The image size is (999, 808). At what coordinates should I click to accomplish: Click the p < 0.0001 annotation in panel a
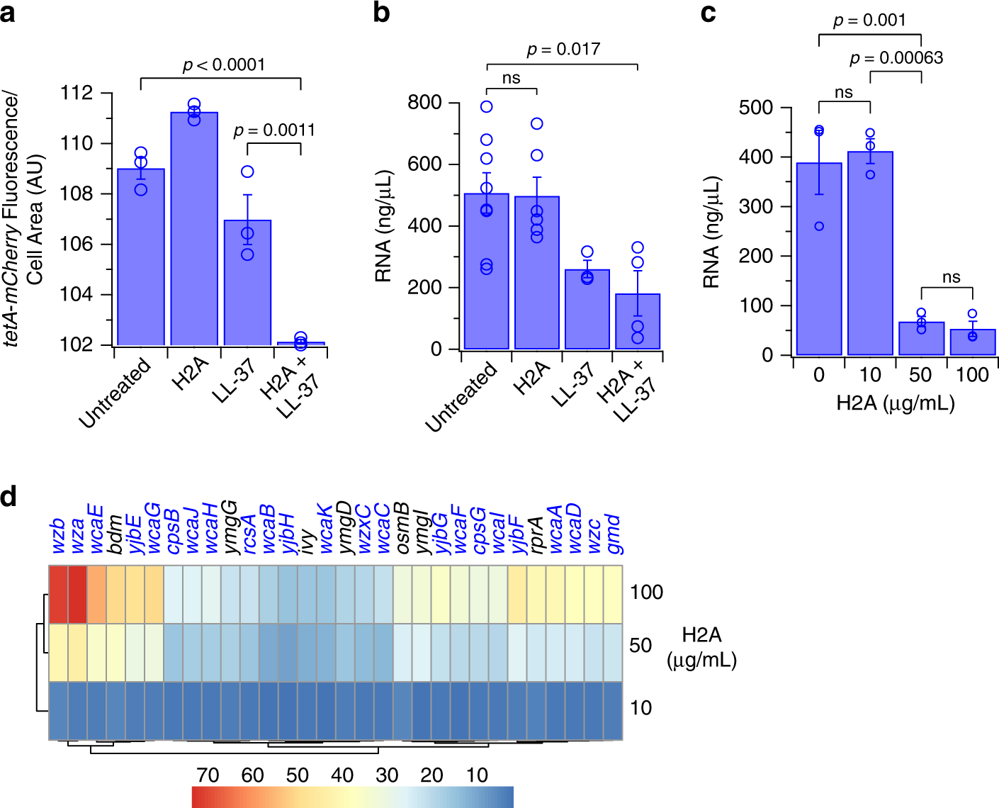[x=224, y=65]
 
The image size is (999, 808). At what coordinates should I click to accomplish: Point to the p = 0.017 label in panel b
[x=563, y=50]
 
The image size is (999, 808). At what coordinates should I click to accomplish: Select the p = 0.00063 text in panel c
[x=896, y=58]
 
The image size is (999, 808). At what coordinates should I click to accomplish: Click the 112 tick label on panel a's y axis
[x=77, y=93]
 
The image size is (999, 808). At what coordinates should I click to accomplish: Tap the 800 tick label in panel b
[x=424, y=103]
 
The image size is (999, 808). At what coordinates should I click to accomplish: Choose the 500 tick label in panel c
[x=755, y=108]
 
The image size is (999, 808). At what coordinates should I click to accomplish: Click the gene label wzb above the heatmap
[x=58, y=537]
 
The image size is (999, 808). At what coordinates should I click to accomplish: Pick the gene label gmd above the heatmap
[x=613, y=535]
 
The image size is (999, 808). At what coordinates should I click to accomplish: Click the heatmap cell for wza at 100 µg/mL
[x=77, y=595]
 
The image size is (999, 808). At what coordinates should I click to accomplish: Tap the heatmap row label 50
[x=640, y=646]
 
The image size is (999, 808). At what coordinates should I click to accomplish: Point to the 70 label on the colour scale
[x=208, y=775]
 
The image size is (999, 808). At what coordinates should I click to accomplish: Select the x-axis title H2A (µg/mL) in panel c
[x=896, y=403]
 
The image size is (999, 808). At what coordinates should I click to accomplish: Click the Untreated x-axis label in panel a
[x=115, y=393]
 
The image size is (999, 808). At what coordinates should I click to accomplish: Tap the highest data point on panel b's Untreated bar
[x=486, y=107]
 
